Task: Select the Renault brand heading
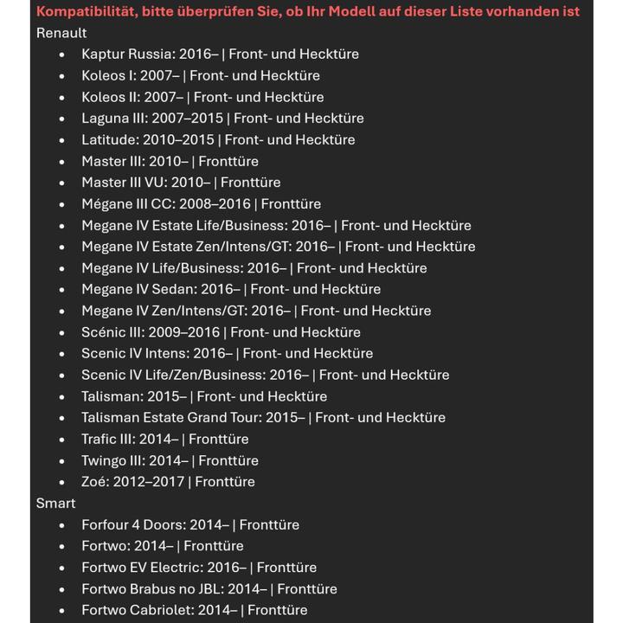pos(61,33)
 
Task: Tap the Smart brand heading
pos(55,503)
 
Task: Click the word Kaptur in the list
pos(103,54)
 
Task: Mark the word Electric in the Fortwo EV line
pos(180,568)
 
